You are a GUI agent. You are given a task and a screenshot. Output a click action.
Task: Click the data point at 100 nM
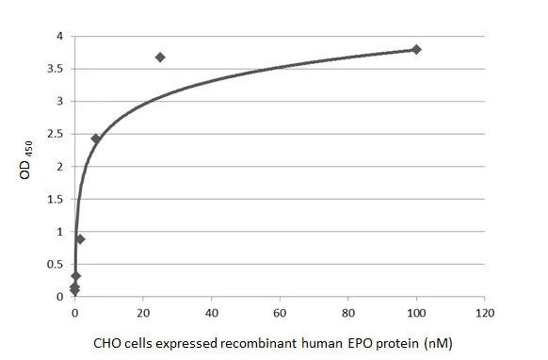click(x=416, y=49)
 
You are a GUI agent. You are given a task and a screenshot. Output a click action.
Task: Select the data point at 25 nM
click(x=160, y=57)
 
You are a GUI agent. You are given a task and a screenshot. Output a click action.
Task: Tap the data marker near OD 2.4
click(x=95, y=139)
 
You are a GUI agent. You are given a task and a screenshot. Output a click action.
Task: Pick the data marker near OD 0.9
click(x=80, y=239)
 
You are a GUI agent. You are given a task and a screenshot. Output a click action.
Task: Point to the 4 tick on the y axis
click(x=59, y=37)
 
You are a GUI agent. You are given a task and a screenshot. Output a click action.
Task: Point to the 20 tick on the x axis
click(x=143, y=312)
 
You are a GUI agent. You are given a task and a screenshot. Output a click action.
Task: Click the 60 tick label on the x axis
click(x=280, y=312)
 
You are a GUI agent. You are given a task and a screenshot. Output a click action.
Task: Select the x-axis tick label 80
click(x=348, y=312)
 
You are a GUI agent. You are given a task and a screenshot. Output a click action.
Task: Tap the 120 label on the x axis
click(x=485, y=312)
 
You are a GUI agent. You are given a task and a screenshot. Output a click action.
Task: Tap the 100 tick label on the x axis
click(x=416, y=312)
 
